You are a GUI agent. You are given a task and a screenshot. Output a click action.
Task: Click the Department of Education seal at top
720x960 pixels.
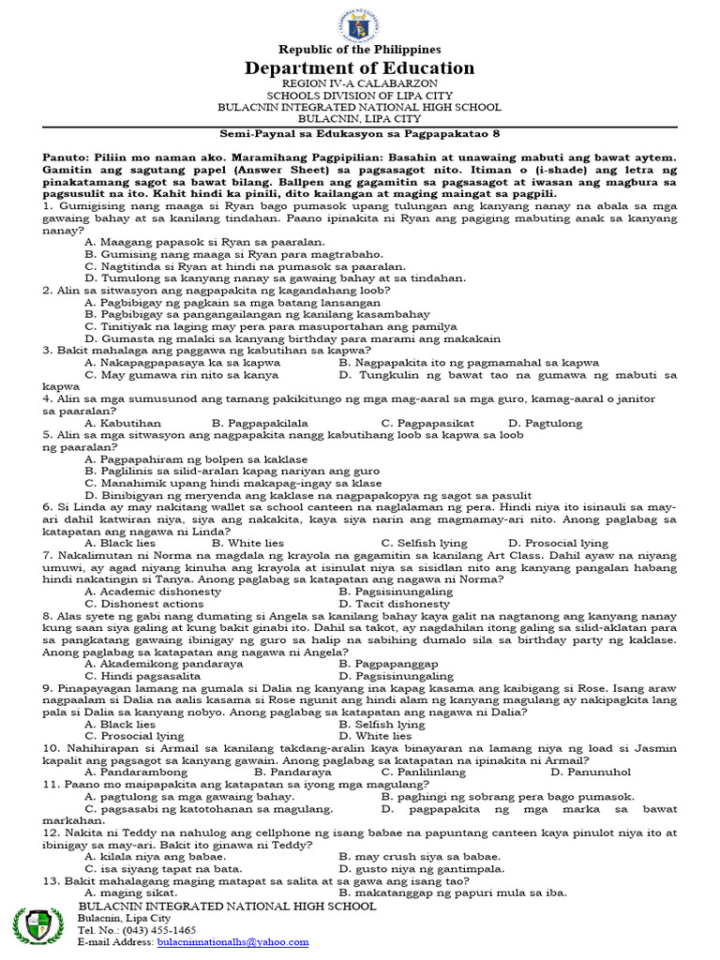pyautogui.click(x=359, y=21)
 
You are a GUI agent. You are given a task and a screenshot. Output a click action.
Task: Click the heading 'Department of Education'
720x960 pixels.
pyautogui.click(x=359, y=67)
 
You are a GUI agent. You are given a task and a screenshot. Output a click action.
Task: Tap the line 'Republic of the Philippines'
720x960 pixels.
pyautogui.click(x=359, y=49)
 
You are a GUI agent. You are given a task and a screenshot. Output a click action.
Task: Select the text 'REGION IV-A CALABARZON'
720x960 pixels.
pyautogui.click(x=359, y=84)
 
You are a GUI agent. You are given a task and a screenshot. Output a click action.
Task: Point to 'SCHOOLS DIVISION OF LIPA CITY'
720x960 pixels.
pyautogui.click(x=359, y=96)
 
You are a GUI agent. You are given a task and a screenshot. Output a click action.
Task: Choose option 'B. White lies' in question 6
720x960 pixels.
pyautogui.click(x=247, y=543)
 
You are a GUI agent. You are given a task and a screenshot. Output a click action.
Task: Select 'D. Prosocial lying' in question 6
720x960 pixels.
pyautogui.click(x=558, y=543)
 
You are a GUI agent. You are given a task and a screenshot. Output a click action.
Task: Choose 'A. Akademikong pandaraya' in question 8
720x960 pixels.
pyautogui.click(x=163, y=664)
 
